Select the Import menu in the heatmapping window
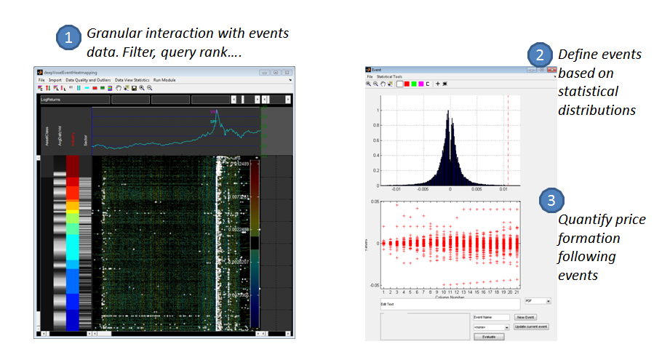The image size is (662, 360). pos(54,79)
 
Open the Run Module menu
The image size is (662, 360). pos(164,79)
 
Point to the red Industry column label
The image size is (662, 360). pos(72,137)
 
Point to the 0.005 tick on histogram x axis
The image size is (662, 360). pos(476,188)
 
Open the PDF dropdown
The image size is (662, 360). pos(538,300)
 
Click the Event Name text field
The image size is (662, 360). pos(491,317)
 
